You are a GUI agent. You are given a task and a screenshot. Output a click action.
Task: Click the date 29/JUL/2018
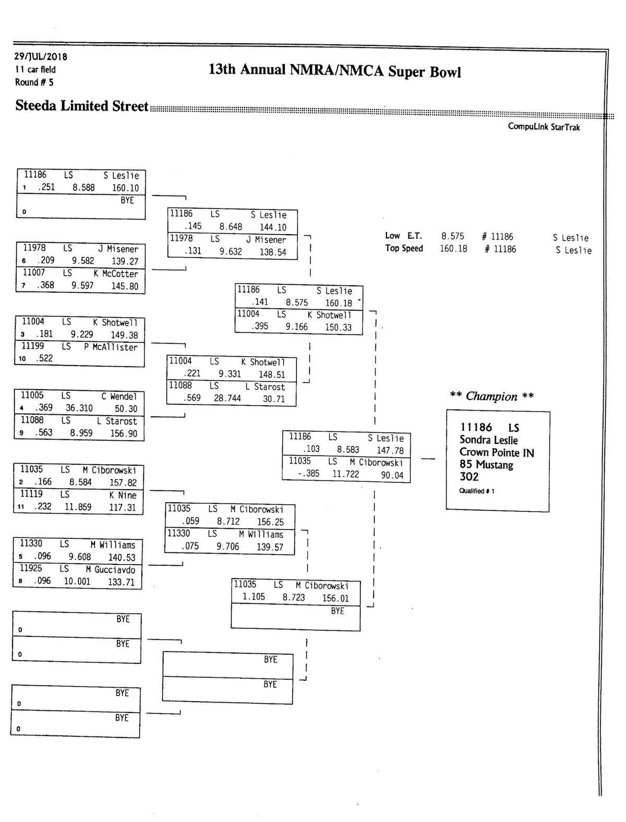pos(41,56)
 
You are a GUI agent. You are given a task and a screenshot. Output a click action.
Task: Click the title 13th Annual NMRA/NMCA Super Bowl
pos(334,70)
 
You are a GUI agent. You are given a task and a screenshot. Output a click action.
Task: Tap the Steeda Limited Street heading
pos(82,106)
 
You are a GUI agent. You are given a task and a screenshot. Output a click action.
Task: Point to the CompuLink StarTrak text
pos(544,127)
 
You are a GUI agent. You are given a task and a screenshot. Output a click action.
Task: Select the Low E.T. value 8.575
pos(452,236)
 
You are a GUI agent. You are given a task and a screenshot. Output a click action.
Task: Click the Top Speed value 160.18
pos(453,249)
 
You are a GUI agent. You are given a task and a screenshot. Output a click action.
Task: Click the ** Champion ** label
pos(491,396)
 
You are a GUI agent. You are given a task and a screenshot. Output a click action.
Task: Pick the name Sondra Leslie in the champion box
pos(488,440)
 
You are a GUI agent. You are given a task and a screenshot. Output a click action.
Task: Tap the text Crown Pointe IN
pos(497,453)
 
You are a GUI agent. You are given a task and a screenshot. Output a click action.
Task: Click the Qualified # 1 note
pos(476,491)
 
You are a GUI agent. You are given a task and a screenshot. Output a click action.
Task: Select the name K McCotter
pos(116,274)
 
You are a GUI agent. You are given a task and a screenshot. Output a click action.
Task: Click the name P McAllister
pos(111,347)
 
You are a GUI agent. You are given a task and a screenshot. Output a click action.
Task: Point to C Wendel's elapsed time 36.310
pos(79,408)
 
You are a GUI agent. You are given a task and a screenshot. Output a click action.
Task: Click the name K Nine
pos(123,495)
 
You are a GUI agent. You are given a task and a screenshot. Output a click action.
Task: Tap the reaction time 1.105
pos(254,597)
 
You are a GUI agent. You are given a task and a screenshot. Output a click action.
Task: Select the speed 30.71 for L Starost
pos(274,399)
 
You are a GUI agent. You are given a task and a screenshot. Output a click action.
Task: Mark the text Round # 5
pos(34,82)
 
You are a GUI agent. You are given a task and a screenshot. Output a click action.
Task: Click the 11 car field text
pos(35,69)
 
